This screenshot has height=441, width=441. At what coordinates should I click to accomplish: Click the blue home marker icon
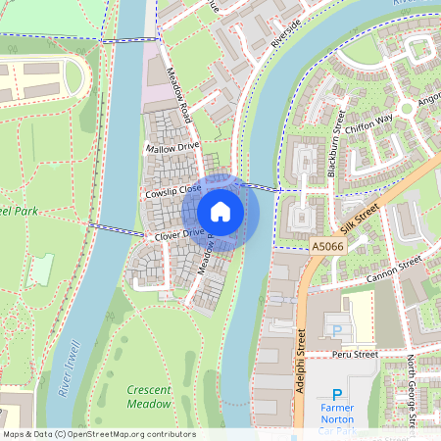tap(220, 212)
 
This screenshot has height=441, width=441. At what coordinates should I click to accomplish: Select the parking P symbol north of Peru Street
tap(338, 331)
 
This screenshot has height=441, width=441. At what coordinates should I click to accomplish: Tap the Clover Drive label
tap(177, 234)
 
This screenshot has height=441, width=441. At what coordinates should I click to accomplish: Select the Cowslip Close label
tap(172, 191)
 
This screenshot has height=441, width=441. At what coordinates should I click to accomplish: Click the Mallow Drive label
tap(171, 147)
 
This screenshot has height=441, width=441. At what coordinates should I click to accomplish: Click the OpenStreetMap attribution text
tap(99, 434)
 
